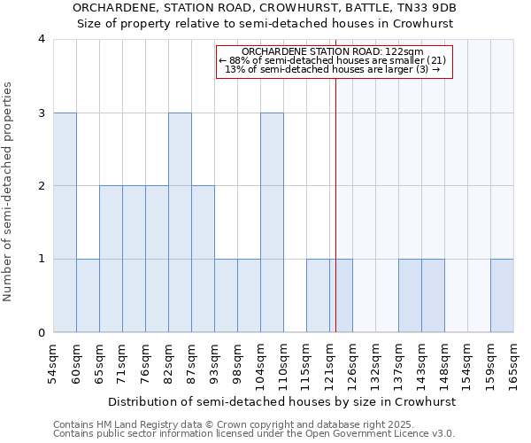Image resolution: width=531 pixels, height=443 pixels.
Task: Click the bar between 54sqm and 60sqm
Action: [x=65, y=222]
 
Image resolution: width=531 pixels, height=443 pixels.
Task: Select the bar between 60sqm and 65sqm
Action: [x=88, y=296]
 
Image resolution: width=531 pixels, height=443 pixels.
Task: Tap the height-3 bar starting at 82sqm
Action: [x=180, y=222]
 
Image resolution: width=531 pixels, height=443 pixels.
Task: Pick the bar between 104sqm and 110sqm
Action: [x=272, y=222]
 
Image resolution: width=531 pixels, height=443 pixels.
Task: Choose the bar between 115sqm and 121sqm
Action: [x=318, y=296]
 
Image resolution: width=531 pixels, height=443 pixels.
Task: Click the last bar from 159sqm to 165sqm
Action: [x=502, y=296]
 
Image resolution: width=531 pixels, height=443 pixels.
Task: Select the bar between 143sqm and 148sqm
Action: [x=433, y=296]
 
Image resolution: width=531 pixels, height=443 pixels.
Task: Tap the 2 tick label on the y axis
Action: [x=41, y=186]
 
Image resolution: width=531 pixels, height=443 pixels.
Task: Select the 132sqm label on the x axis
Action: [x=375, y=364]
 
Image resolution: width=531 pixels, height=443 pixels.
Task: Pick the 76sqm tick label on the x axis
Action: [x=145, y=364]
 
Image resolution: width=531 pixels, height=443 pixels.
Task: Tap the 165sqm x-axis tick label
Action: [x=513, y=364]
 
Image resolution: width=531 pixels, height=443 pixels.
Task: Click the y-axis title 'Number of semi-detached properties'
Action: [x=9, y=191]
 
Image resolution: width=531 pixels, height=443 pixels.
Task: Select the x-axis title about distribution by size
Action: [x=283, y=401]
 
